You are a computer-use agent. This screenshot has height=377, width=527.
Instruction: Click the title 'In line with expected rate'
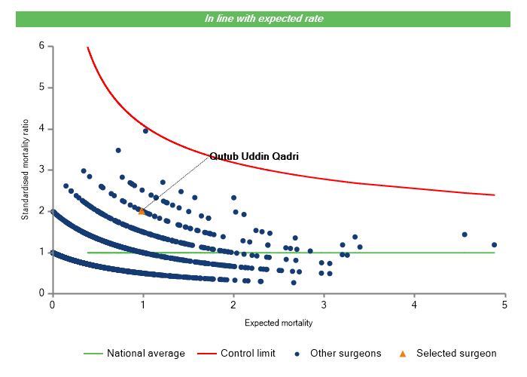coord(263,18)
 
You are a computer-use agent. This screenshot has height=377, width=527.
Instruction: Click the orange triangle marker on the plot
coord(142,211)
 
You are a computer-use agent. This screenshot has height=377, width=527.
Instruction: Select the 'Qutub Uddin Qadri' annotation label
coord(254,157)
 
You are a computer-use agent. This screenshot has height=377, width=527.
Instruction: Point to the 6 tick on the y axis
coord(41,46)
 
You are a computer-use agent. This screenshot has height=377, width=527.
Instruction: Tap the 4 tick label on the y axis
coord(41,129)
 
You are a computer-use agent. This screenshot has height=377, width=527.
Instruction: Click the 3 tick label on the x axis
coord(324,305)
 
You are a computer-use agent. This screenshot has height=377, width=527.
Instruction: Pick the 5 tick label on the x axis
coord(505,305)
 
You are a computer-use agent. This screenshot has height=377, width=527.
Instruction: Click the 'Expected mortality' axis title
coord(279,323)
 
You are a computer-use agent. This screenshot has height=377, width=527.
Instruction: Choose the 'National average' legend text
coord(146,353)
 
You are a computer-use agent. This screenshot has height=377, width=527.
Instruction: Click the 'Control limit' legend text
coord(248,353)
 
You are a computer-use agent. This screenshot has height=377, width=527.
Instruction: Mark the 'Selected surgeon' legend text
coord(456,353)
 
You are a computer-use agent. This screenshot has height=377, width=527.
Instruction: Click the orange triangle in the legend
coord(403,353)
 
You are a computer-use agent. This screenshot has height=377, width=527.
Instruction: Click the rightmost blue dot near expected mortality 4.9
coord(494,244)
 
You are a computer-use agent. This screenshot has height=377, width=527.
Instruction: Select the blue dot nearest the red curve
coord(145,130)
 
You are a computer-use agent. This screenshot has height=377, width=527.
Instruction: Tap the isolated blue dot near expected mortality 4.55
coord(465,234)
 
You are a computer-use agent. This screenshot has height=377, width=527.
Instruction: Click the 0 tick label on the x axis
coord(52,305)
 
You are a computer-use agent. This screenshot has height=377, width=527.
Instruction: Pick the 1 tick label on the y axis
coord(41,253)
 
